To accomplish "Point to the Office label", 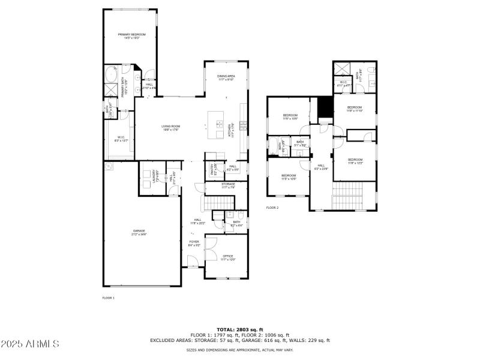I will pyautogui.click(x=228, y=257).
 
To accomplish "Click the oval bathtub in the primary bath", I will pyautogui.click(x=112, y=76).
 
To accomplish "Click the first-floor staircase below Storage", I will pyautogui.click(x=214, y=203).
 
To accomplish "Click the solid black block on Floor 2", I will pyautogui.click(x=324, y=108).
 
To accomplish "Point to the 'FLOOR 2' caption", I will pyautogui.click(x=272, y=208).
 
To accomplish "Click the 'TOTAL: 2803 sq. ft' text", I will pyautogui.click(x=240, y=330).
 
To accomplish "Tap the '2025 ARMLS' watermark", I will pyautogui.click(x=30, y=344).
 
